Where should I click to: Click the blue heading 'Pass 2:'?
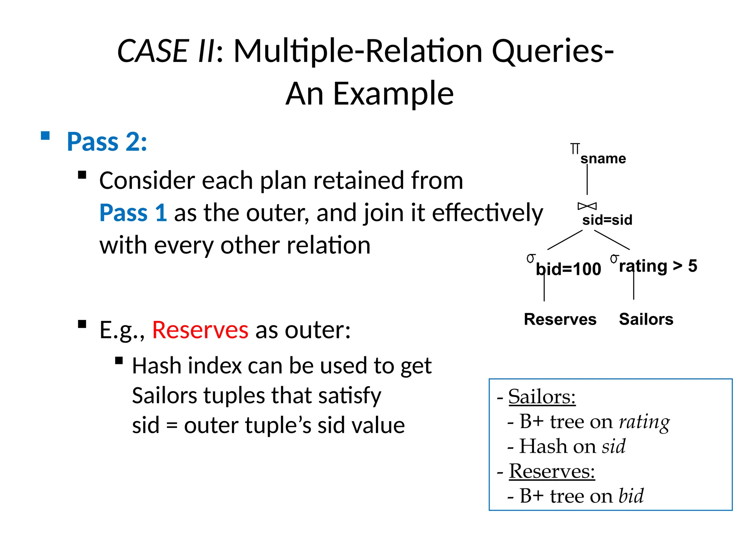[x=107, y=142]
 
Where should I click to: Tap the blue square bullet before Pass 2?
[x=45, y=136]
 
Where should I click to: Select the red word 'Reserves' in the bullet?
[x=200, y=330]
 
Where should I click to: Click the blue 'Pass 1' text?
[x=133, y=213]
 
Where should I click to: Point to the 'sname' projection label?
[x=603, y=159]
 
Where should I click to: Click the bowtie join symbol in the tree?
[x=587, y=206]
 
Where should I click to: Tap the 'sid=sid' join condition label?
[x=607, y=220]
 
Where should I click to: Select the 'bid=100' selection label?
[x=568, y=269]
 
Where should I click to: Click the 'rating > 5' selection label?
[x=658, y=266]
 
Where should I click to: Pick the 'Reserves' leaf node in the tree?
[x=560, y=320]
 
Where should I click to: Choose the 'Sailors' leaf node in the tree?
[x=646, y=320]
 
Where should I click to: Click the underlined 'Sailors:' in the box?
[x=542, y=397]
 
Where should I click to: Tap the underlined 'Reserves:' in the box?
[x=551, y=471]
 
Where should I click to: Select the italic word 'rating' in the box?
[x=644, y=422]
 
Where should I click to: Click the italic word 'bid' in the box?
[x=631, y=496]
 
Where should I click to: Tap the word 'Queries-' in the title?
[x=553, y=51]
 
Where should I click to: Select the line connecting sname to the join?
[x=587, y=180]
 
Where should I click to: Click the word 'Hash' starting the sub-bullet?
[x=157, y=366]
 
